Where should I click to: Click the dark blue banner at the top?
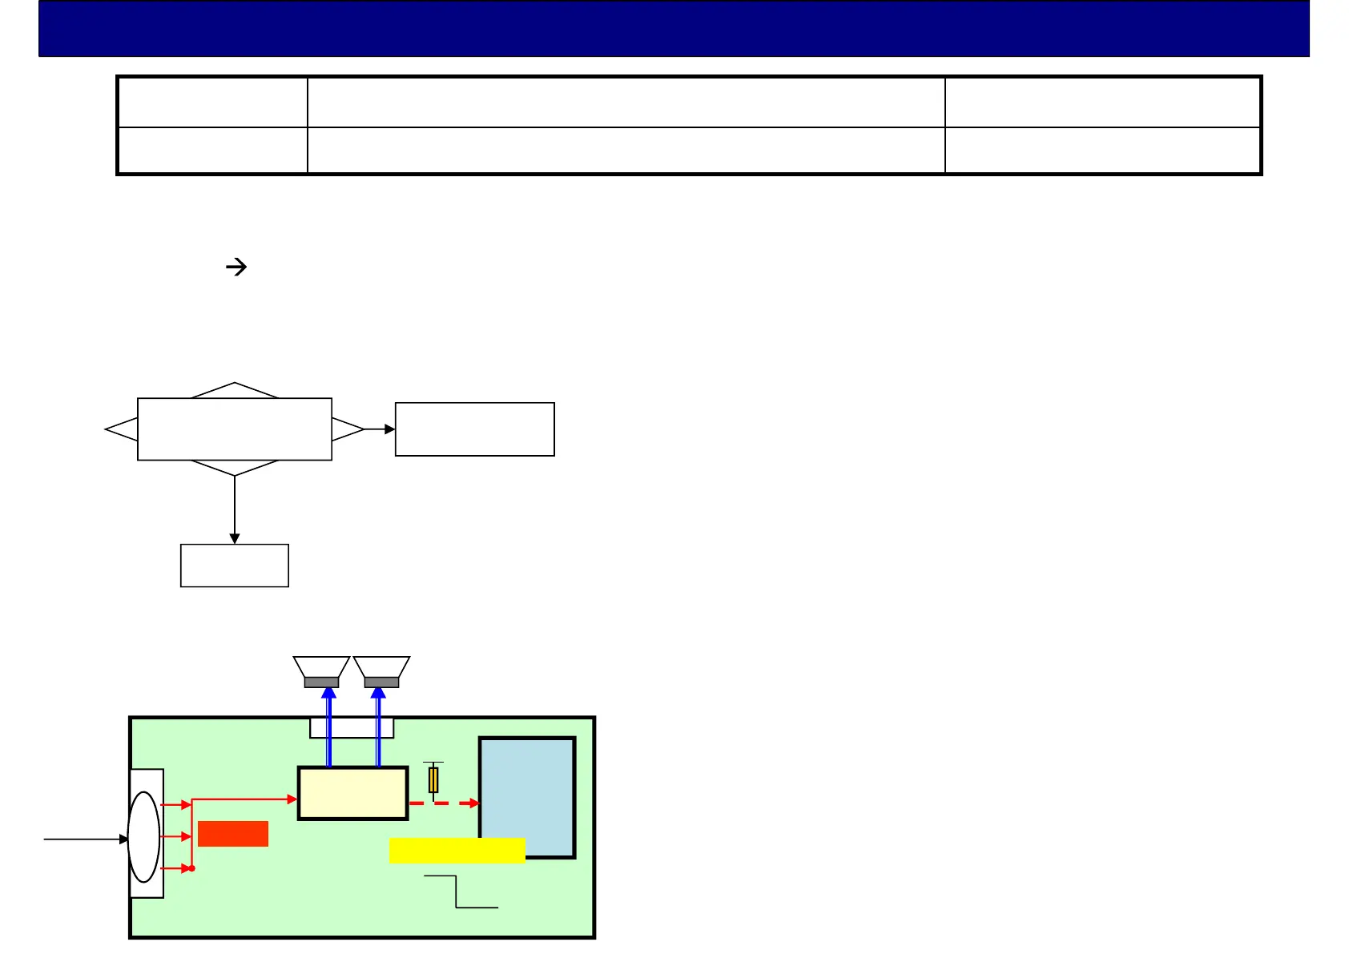pyautogui.click(x=673, y=28)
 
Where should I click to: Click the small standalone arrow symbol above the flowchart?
pyautogui.click(x=236, y=267)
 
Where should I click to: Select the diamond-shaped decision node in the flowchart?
pyautogui.click(x=234, y=429)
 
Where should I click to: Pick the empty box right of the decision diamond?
pyautogui.click(x=474, y=429)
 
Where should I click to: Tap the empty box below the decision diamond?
pyautogui.click(x=234, y=566)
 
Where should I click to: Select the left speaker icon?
pyautogui.click(x=321, y=671)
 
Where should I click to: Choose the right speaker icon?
pyautogui.click(x=381, y=671)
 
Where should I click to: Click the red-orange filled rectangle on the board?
pyautogui.click(x=232, y=834)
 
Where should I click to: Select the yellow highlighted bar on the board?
pyautogui.click(x=457, y=850)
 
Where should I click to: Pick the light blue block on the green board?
pyautogui.click(x=527, y=797)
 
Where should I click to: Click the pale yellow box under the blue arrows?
pyautogui.click(x=352, y=793)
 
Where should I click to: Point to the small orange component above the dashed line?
pyautogui.click(x=433, y=779)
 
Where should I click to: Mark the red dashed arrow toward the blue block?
pyautogui.click(x=444, y=803)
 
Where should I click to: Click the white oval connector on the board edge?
pyautogui.click(x=144, y=837)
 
